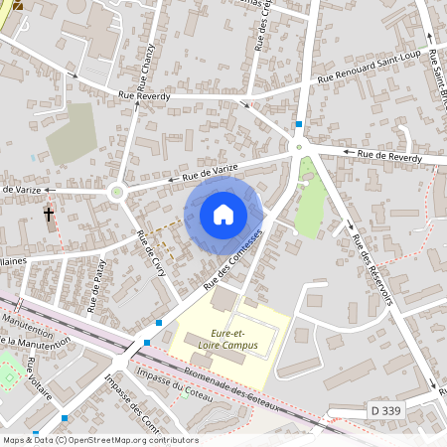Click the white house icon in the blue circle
(x=223, y=214)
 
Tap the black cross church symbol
(x=49, y=214)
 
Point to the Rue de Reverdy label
(x=389, y=156)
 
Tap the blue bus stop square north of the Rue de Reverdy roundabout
(x=297, y=124)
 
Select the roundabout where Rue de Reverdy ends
(x=297, y=148)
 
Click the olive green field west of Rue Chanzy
(x=72, y=133)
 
